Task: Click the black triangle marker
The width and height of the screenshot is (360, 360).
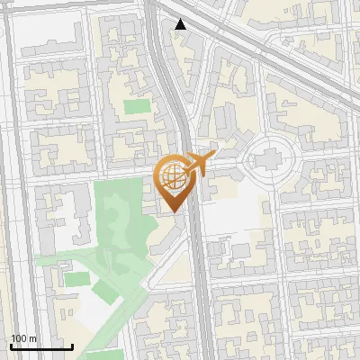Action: [x=181, y=24]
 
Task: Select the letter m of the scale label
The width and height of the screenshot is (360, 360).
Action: [x=32, y=338]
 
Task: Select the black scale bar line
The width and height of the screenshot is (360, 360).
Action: [x=41, y=347]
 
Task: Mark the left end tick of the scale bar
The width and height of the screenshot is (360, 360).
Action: [x=11, y=346]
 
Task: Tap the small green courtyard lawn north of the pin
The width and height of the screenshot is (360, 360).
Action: [x=137, y=106]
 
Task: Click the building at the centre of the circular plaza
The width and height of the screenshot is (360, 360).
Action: [x=269, y=161]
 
